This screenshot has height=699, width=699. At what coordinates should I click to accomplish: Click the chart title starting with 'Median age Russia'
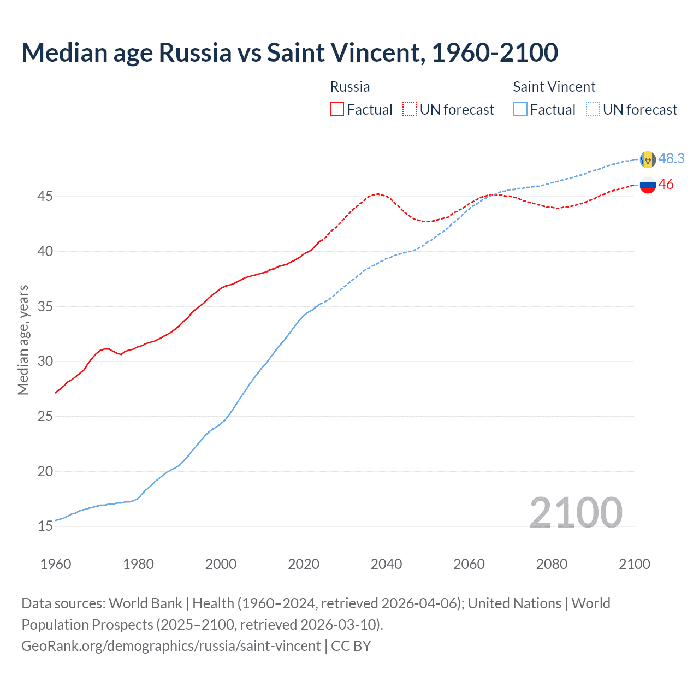(289, 52)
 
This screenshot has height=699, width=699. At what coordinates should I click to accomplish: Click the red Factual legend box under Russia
(337, 109)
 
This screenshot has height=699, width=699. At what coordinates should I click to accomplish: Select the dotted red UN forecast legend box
(410, 109)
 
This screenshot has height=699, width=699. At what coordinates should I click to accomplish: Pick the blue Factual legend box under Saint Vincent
(520, 109)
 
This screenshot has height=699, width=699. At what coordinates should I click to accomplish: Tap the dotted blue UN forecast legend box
(593, 109)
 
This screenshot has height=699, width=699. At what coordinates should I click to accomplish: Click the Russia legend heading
(350, 87)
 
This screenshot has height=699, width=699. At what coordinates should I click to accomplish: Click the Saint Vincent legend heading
(554, 87)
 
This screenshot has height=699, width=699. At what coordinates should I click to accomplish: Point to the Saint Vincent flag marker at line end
(648, 159)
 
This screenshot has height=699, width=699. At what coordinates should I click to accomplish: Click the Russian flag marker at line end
(648, 185)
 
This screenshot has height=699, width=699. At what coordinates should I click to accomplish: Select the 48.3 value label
(671, 158)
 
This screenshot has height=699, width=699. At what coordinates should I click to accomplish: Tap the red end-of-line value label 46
(666, 185)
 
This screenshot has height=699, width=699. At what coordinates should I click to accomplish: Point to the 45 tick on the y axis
(45, 196)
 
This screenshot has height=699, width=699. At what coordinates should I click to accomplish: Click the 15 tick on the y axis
(45, 526)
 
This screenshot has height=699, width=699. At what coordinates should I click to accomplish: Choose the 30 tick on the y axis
(45, 361)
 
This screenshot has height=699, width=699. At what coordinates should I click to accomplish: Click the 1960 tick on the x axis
(56, 564)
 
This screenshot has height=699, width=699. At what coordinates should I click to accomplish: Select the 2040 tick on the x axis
(386, 564)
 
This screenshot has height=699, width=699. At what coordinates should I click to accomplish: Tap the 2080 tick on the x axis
(552, 564)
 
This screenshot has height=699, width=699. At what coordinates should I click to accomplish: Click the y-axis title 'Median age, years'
(23, 340)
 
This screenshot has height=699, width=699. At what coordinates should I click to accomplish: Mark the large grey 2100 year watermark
(576, 512)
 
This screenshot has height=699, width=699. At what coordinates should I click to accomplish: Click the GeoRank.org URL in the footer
(171, 646)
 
